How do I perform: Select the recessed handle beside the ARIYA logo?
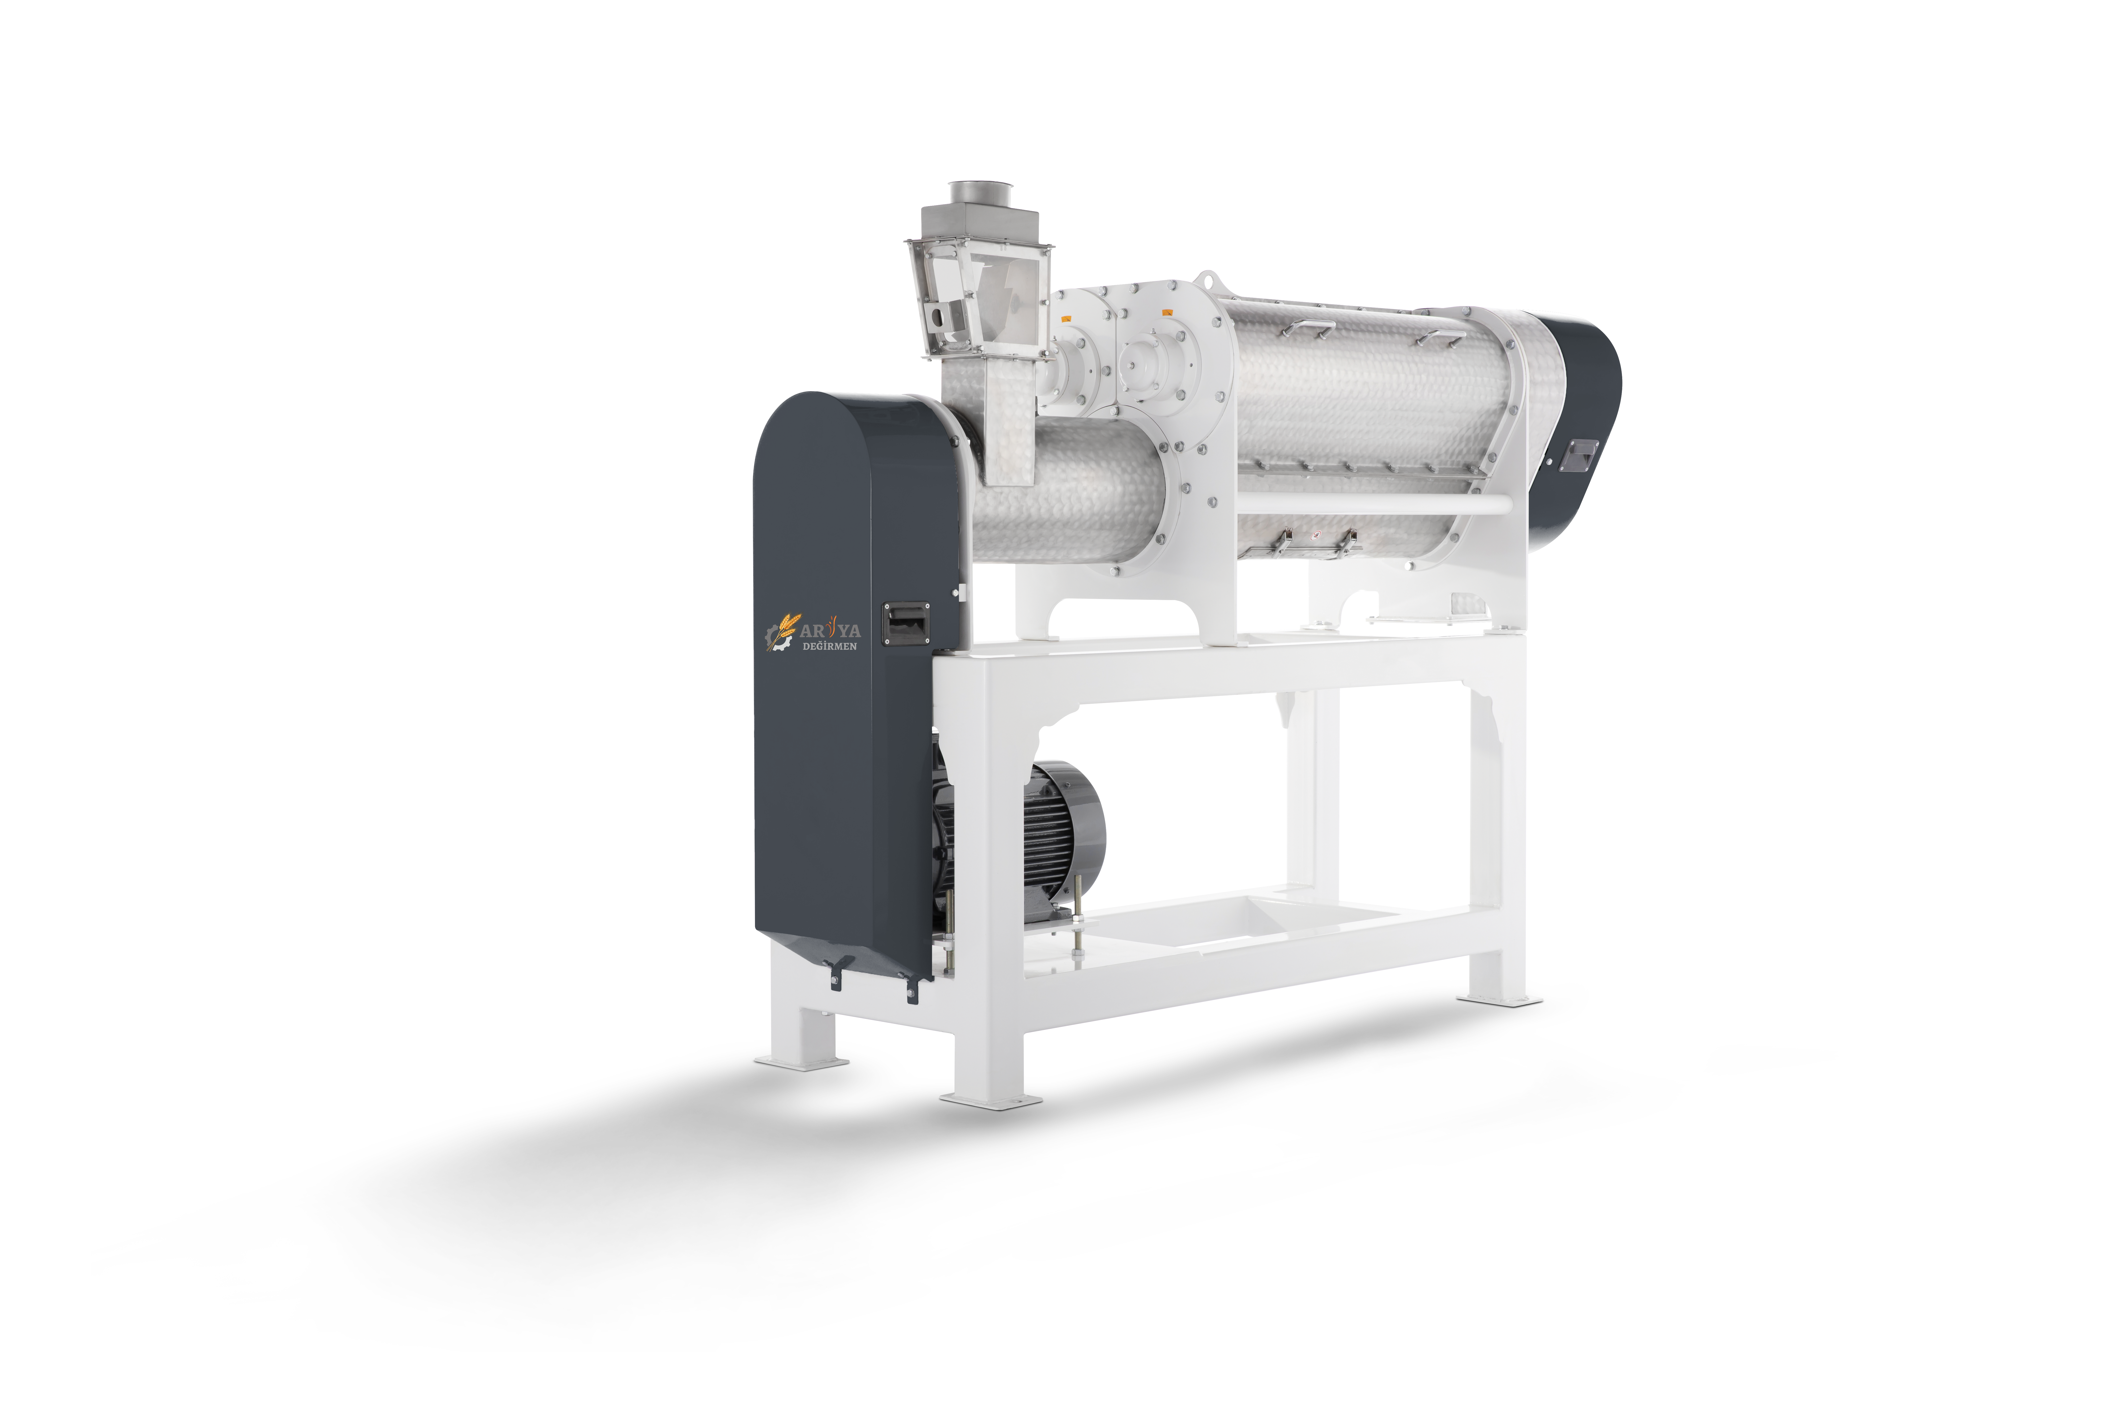pyautogui.click(x=908, y=622)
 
